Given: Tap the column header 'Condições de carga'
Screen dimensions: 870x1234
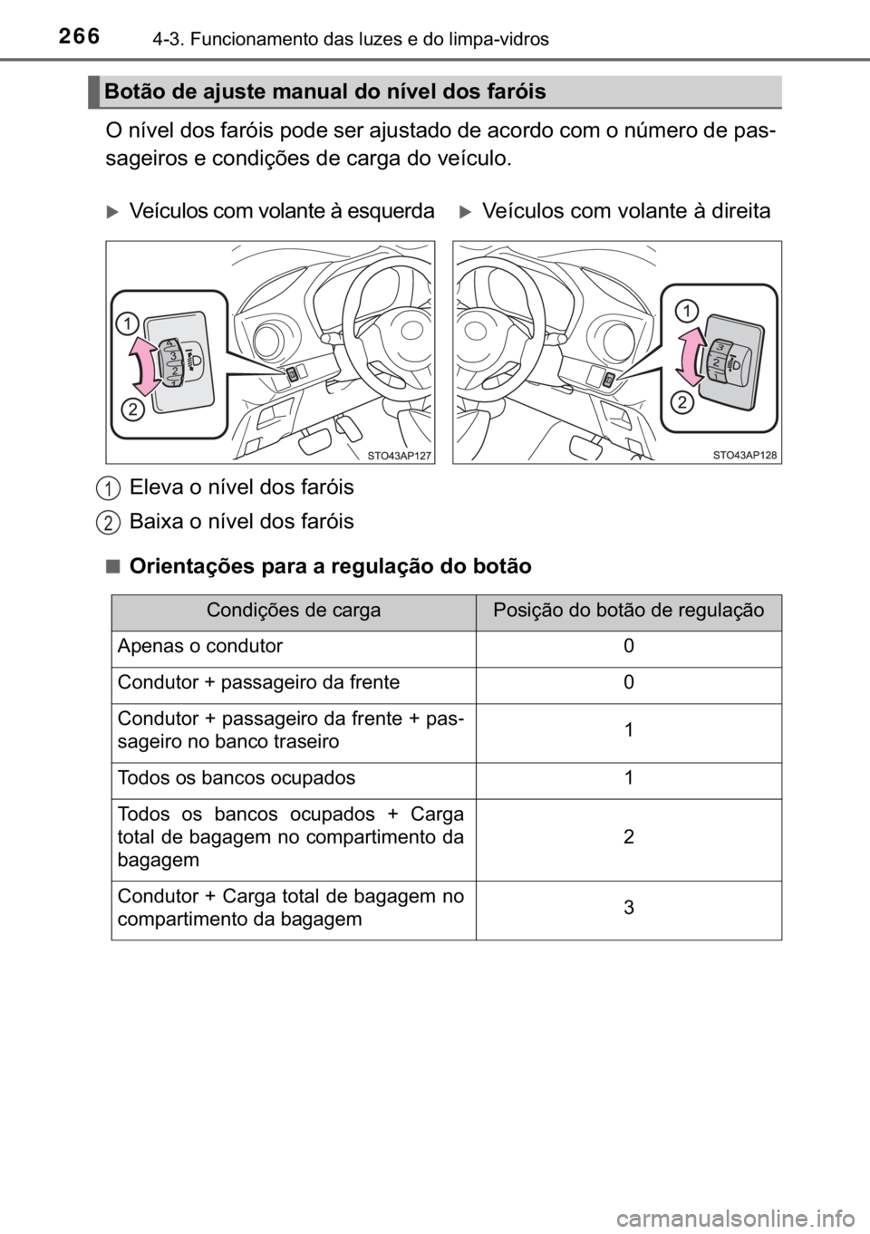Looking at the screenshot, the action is (294, 611).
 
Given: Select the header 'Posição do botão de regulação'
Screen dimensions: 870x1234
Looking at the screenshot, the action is (628, 611).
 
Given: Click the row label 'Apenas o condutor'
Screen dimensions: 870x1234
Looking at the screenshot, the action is (199, 646).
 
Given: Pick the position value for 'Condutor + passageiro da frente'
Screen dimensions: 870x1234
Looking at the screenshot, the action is (628, 682).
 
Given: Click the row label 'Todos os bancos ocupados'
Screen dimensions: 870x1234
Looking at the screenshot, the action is (236, 778).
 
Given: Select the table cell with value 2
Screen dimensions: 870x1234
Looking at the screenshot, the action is (628, 837).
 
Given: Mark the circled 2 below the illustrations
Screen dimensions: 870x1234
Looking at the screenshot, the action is (109, 523).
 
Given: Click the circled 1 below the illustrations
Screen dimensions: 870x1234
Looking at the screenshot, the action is (109, 489).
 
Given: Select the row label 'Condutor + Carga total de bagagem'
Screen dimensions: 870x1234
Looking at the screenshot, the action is (290, 908).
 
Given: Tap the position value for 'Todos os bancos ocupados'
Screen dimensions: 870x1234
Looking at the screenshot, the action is (628, 778).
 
